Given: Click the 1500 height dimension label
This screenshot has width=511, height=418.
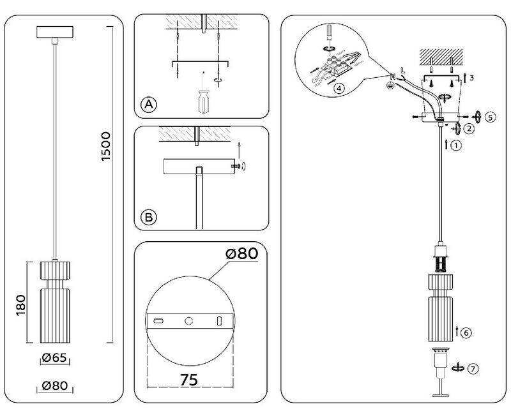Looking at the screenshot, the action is (x=106, y=146).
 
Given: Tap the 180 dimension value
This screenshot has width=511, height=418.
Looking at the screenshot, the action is (x=21, y=305).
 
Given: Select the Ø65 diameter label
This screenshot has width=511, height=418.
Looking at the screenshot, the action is (x=54, y=358).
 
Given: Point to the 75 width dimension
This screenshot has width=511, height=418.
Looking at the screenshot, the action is (x=189, y=380).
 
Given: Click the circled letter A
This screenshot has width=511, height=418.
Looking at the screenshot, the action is (x=149, y=105).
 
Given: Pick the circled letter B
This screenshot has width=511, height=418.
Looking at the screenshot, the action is (x=149, y=218).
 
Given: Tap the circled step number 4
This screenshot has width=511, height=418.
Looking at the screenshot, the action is (x=339, y=88).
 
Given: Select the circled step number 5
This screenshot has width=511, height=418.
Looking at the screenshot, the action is (x=490, y=117).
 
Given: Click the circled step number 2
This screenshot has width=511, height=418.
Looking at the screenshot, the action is (x=469, y=129).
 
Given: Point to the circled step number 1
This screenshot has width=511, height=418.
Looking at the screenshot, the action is (x=456, y=146).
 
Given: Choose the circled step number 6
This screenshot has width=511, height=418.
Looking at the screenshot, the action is (x=466, y=333).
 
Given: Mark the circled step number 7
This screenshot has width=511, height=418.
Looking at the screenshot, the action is (x=473, y=369).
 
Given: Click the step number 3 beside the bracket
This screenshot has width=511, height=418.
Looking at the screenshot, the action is (x=471, y=78).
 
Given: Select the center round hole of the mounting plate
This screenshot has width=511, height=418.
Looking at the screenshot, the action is (x=188, y=321).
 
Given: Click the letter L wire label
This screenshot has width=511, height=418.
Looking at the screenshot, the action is (x=403, y=70).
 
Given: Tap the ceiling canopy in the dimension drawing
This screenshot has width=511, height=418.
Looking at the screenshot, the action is (x=55, y=32).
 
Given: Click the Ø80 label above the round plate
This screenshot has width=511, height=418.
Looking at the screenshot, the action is (x=242, y=253).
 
